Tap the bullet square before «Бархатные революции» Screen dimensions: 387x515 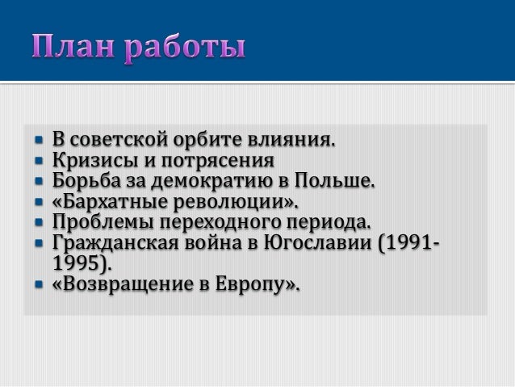pos(37,200)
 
